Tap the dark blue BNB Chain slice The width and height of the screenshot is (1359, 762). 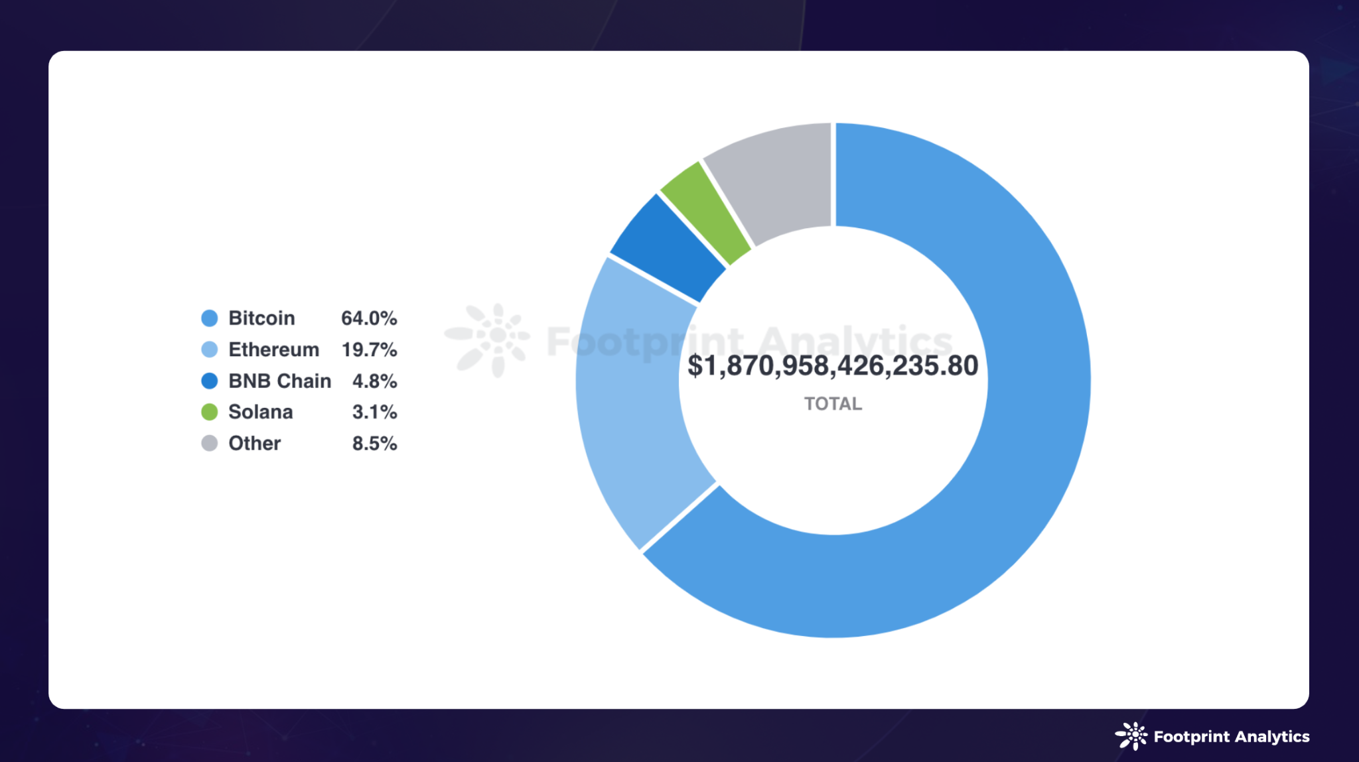pyautogui.click(x=667, y=249)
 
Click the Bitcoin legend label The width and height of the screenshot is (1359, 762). pyautogui.click(x=261, y=318)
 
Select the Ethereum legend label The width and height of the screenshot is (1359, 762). pyautogui.click(x=273, y=349)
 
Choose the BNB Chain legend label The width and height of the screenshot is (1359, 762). pyautogui.click(x=279, y=381)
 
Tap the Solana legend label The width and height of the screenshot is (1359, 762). pyautogui.click(x=260, y=412)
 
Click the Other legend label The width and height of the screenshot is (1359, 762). pyautogui.click(x=254, y=443)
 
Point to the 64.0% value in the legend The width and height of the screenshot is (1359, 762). pyautogui.click(x=369, y=318)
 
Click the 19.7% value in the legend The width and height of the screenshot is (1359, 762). pyautogui.click(x=369, y=349)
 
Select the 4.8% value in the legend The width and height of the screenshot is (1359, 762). pyautogui.click(x=374, y=381)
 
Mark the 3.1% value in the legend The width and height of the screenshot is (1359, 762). pyautogui.click(x=374, y=412)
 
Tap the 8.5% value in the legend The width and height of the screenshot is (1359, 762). pyautogui.click(x=374, y=443)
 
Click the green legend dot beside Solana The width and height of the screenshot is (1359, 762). pyautogui.click(x=210, y=412)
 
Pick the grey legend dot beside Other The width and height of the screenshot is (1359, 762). pyautogui.click(x=210, y=443)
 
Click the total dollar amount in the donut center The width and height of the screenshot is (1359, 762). pyautogui.click(x=833, y=365)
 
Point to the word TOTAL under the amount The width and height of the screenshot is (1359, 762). pyautogui.click(x=833, y=403)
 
